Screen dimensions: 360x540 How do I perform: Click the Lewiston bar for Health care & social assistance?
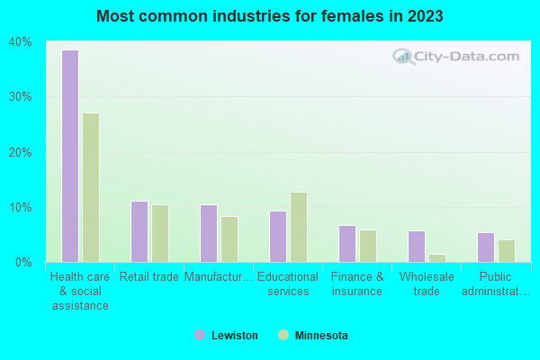click(x=70, y=156)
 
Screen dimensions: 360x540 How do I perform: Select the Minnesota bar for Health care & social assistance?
click(x=91, y=187)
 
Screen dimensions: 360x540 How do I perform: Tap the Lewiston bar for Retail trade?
click(x=139, y=231)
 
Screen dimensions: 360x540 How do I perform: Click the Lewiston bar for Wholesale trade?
click(x=417, y=247)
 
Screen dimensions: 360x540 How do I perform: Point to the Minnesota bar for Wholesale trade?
click(x=437, y=257)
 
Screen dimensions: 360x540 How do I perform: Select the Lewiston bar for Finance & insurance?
click(x=347, y=244)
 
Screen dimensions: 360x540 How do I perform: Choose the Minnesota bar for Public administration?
click(x=507, y=251)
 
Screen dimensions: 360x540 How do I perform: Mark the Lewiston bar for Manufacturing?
click(x=209, y=233)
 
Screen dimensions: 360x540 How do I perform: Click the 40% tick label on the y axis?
click(x=21, y=42)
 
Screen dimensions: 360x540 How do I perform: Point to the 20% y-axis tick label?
click(x=21, y=152)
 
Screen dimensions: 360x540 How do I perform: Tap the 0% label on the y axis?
click(x=23, y=263)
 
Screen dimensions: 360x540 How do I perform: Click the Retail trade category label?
click(x=149, y=277)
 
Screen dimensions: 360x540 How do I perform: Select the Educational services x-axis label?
click(x=288, y=284)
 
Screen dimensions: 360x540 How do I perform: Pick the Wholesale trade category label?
click(x=427, y=284)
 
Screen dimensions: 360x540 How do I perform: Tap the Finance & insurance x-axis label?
click(x=357, y=284)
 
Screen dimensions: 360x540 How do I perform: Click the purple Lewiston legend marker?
click(x=200, y=336)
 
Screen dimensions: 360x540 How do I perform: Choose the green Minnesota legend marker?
click(x=284, y=336)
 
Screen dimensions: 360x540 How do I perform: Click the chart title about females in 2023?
click(x=270, y=16)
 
